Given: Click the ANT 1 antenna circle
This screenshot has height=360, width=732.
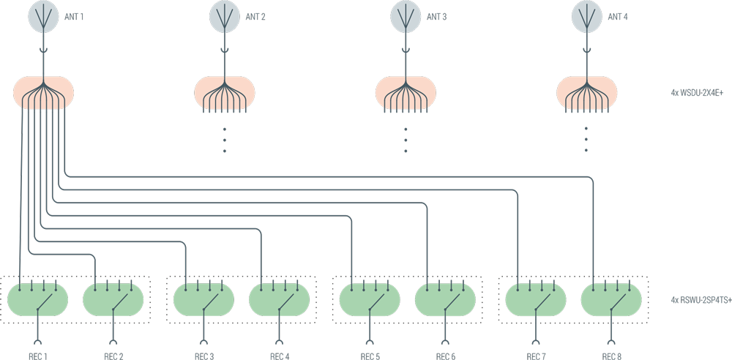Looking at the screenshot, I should [x=43, y=16].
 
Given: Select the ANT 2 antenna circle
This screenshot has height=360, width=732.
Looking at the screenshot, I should [x=224, y=16].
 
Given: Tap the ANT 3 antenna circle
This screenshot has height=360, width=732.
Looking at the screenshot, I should [x=406, y=16].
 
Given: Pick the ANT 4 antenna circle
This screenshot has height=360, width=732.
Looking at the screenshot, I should [x=587, y=16].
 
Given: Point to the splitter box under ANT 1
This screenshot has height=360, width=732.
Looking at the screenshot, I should [x=43, y=94].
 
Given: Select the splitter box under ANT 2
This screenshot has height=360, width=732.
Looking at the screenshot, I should [x=224, y=94].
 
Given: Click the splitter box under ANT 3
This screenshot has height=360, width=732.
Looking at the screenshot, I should [x=406, y=94].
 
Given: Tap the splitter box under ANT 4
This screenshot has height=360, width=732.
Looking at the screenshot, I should [x=587, y=94].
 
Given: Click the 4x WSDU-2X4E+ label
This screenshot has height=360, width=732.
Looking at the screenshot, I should [x=697, y=94].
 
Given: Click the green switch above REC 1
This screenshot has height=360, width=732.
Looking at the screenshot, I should [x=37, y=300].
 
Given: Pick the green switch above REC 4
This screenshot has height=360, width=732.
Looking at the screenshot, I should [x=278, y=300].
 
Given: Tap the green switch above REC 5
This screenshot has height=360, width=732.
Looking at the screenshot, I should [x=370, y=300].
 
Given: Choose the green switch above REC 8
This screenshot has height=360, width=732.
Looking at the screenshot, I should [x=610, y=300].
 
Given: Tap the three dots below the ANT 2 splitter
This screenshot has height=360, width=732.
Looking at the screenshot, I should [x=224, y=139].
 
